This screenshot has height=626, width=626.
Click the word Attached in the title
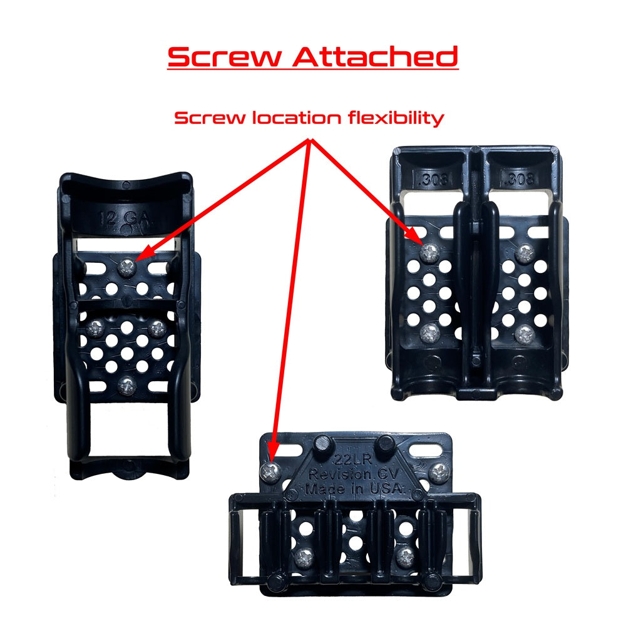[376, 57]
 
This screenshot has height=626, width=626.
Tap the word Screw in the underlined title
[225, 57]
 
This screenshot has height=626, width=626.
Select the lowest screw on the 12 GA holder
[126, 384]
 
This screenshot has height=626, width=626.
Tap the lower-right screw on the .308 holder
[525, 333]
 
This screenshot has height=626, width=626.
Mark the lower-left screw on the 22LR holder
[305, 554]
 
